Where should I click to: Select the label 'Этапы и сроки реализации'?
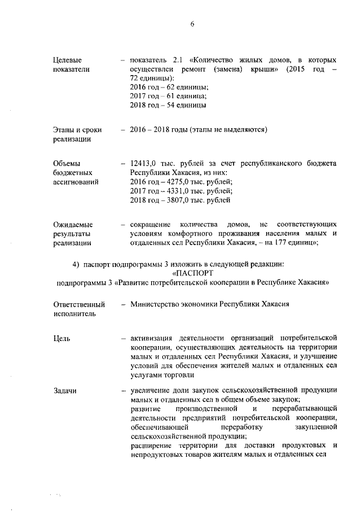pos(73,134)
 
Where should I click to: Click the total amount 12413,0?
pos(144,163)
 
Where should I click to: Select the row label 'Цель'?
pos(61,338)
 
